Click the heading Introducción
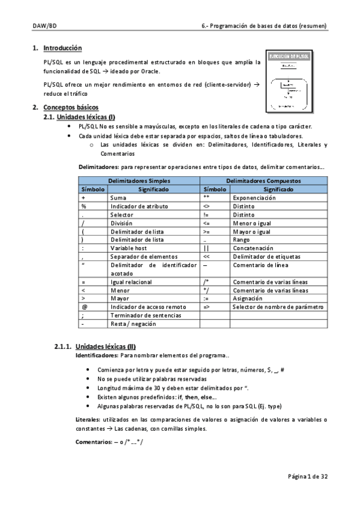[63, 48]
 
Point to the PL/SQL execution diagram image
[291, 82]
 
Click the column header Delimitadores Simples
[139, 180]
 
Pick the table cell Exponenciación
[255, 197]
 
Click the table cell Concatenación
[254, 248]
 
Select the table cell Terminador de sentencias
[140, 315]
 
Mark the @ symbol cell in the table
[83, 307]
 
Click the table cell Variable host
[129, 248]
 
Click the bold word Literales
[88, 419]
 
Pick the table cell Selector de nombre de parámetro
[278, 307]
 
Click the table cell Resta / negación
[133, 324]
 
